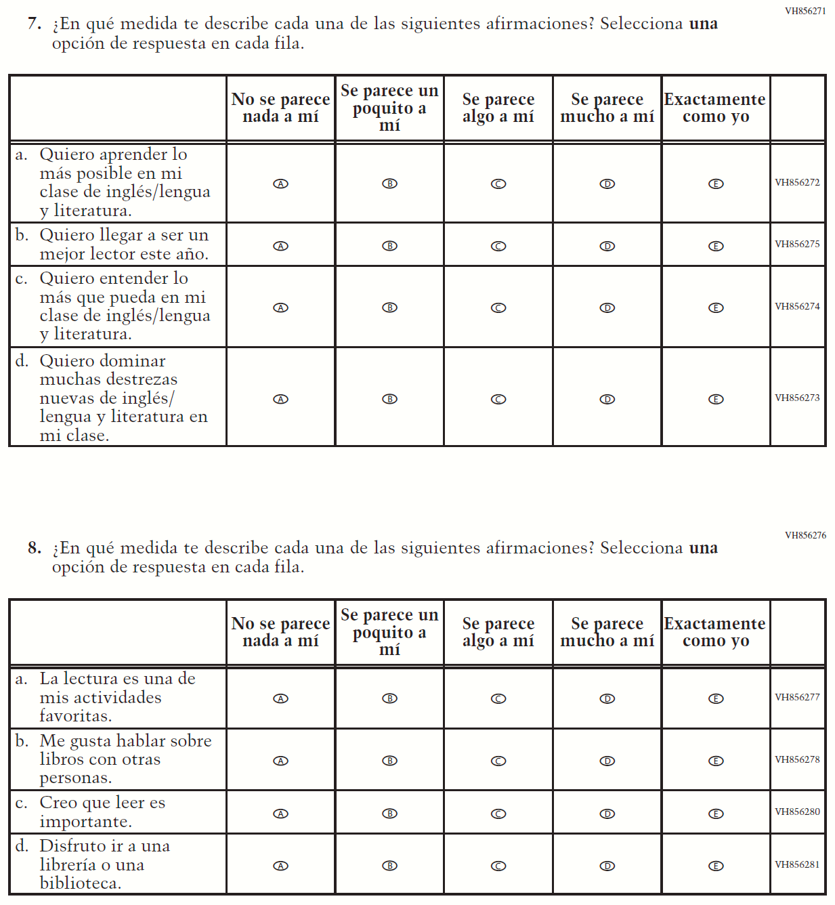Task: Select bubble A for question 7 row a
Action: (280, 184)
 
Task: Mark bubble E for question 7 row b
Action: (716, 246)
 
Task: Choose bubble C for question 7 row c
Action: (498, 308)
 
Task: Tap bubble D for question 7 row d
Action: (607, 399)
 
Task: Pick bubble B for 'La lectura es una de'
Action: (389, 698)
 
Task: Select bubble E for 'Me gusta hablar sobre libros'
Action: (716, 761)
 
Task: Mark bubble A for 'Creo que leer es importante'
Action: (280, 814)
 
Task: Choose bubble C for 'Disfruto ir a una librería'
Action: (498, 866)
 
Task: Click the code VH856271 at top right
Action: (805, 11)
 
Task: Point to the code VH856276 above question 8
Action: (805, 535)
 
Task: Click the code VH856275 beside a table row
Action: (797, 244)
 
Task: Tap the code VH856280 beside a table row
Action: (797, 812)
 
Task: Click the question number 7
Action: (34, 24)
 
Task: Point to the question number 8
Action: (34, 548)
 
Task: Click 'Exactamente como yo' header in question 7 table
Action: (715, 108)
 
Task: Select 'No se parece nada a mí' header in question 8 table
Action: (280, 632)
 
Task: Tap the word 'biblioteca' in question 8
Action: (80, 883)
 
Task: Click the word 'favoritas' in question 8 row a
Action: (74, 716)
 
